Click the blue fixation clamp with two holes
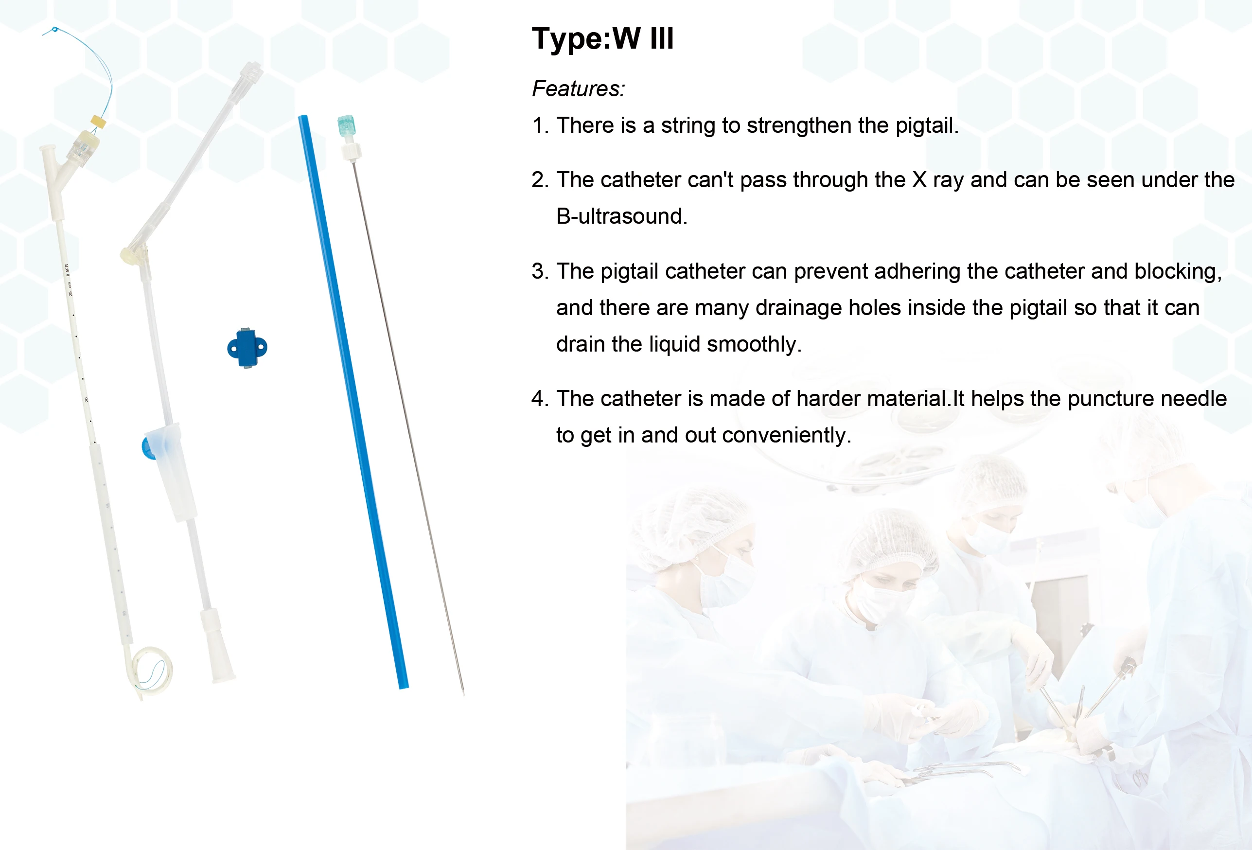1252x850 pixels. (x=247, y=347)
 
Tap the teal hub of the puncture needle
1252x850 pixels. (x=346, y=126)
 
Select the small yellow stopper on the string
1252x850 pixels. (x=99, y=121)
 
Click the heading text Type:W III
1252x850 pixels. (x=602, y=38)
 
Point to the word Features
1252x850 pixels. (x=578, y=89)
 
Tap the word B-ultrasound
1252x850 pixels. (x=622, y=216)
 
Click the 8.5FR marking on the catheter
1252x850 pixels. (x=68, y=270)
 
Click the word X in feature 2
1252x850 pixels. (x=919, y=180)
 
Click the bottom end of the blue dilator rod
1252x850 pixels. (x=404, y=686)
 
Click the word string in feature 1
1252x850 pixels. (x=688, y=126)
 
